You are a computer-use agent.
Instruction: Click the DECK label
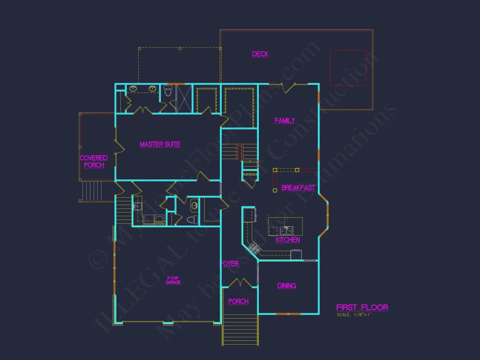tap(260, 54)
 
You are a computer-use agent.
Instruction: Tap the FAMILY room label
tap(285, 121)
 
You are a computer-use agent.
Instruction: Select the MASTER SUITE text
tap(160, 144)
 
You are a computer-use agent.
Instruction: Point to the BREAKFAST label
tap(298, 188)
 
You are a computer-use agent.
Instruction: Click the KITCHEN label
tap(288, 240)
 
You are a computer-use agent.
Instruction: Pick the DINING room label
tap(286, 286)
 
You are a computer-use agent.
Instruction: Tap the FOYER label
tap(229, 264)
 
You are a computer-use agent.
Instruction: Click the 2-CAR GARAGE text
tap(173, 280)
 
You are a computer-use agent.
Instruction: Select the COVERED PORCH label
tap(93, 161)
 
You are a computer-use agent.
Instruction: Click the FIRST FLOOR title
tap(362, 308)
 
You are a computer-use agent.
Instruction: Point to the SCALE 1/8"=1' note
tap(353, 315)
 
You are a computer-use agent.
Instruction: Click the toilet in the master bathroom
tap(168, 92)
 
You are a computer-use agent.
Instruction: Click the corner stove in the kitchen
tap(253, 248)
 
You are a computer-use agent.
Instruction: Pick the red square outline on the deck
tap(348, 68)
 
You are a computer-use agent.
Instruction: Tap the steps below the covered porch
tap(92, 191)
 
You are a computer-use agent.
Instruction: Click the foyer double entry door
tap(239, 283)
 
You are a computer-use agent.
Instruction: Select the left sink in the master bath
tap(133, 89)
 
